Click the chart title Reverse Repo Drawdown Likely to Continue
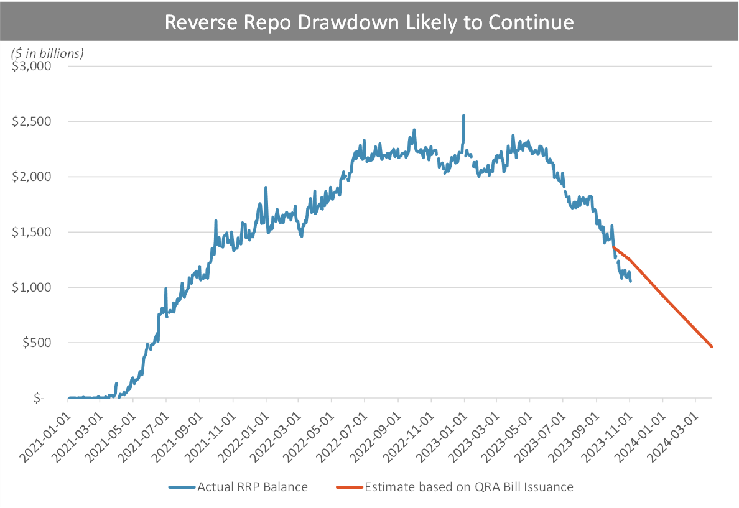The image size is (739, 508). coord(369,22)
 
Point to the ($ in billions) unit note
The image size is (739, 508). coord(47,53)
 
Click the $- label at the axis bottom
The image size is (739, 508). coord(40,398)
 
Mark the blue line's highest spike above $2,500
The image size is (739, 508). coord(463,116)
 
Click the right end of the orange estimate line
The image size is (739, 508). coord(712,346)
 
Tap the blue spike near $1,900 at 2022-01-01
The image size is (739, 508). coord(266,187)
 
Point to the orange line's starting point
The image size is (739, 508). coord(615,247)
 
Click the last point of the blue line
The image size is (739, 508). coord(631,281)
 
